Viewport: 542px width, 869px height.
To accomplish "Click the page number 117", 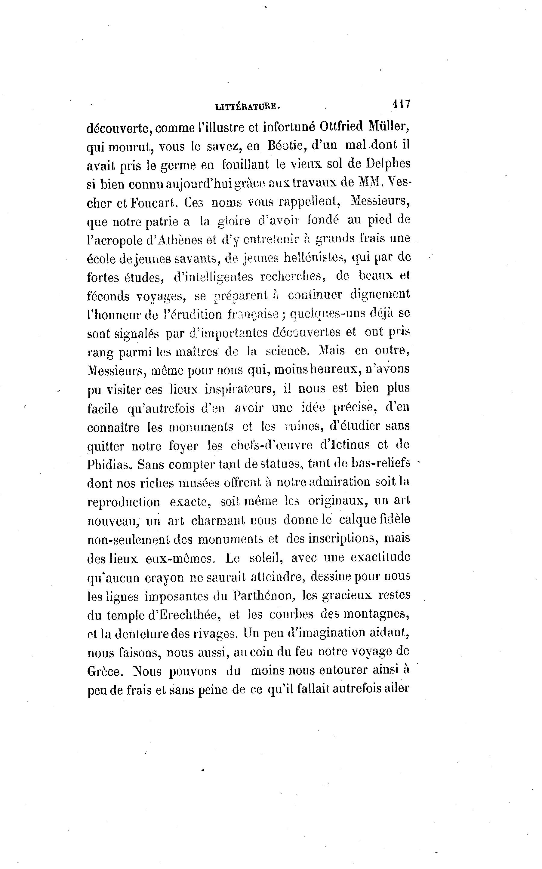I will point(402,104).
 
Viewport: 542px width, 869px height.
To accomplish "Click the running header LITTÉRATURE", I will point(247,106).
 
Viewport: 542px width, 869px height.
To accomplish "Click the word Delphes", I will point(388,164).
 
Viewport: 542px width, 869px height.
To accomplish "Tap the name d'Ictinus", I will point(345,445).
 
